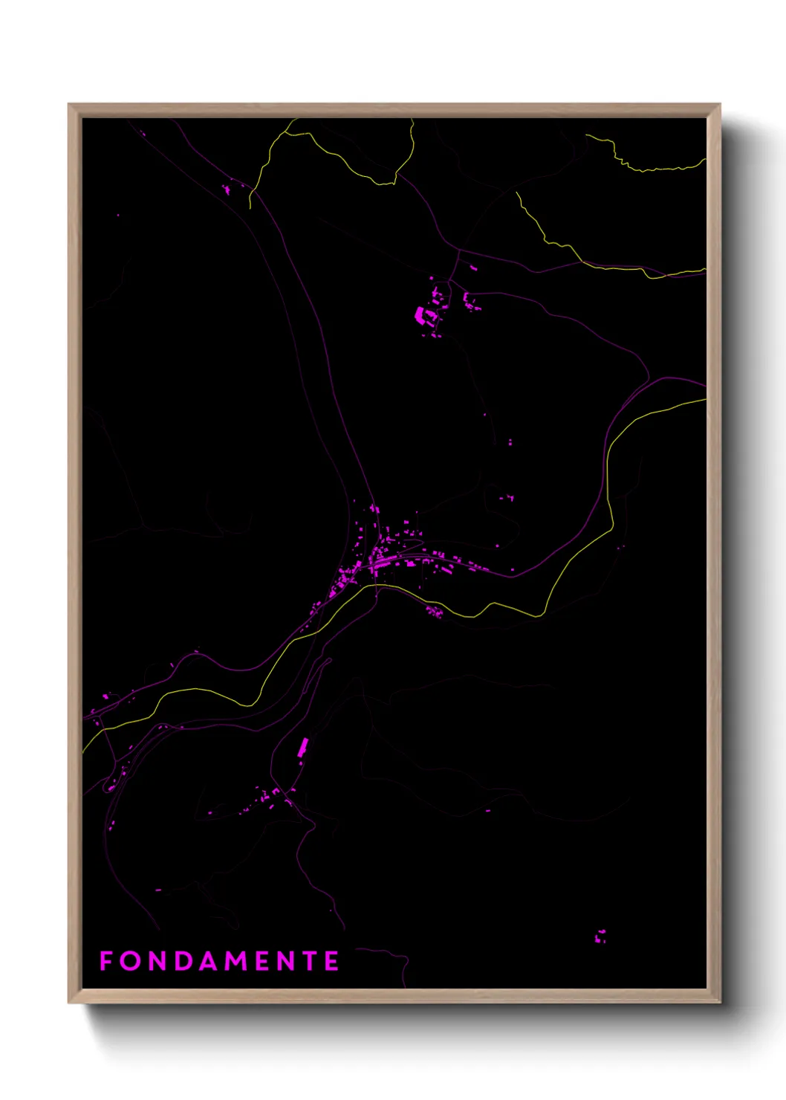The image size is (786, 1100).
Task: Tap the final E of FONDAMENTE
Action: click(332, 961)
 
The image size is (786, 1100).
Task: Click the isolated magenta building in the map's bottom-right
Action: click(600, 936)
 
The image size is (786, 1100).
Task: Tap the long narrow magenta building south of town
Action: click(303, 747)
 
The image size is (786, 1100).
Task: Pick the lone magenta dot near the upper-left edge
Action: click(117, 216)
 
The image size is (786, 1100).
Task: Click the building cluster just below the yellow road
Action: click(434, 612)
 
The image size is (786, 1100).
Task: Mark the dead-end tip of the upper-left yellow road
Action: click(250, 208)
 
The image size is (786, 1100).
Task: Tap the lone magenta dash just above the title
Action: click(158, 890)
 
